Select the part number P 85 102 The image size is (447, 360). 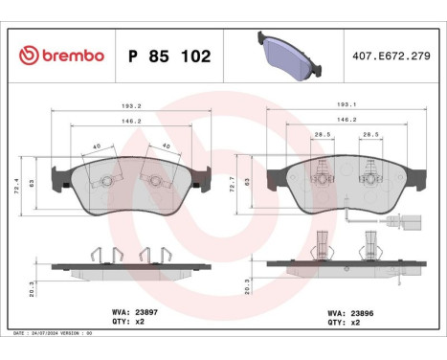(x=169, y=56)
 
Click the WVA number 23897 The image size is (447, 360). (x=145, y=310)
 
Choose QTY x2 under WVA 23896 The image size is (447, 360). (x=347, y=323)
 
